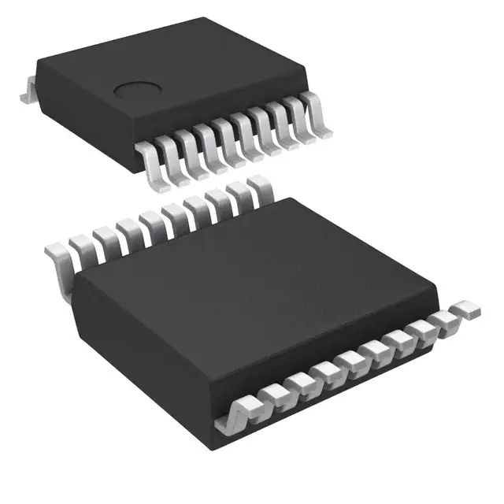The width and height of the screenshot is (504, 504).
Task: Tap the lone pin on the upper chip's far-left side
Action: [x=26, y=90]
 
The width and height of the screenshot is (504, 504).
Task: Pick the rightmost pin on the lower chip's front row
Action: [x=466, y=309]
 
